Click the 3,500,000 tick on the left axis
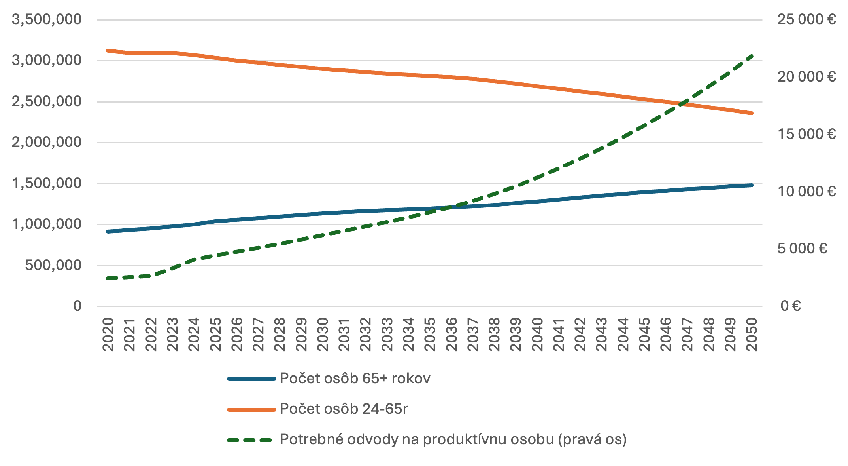(47, 19)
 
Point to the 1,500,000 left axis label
(47, 183)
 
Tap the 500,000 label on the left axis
(53, 265)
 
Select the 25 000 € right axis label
(806, 19)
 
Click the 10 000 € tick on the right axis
(806, 192)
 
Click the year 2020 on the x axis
(108, 334)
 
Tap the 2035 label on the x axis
(430, 334)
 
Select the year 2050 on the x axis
(751, 334)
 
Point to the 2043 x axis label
(601, 334)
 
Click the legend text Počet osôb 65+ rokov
(355, 379)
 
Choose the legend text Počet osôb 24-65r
(344, 409)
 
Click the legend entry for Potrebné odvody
(453, 439)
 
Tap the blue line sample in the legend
(251, 379)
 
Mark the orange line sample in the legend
(251, 409)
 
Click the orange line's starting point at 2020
(108, 51)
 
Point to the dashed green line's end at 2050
(751, 56)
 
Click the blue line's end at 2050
(751, 185)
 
